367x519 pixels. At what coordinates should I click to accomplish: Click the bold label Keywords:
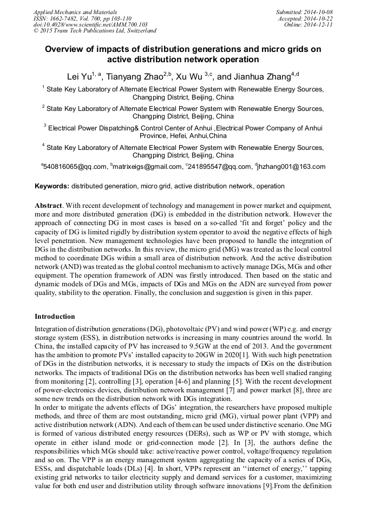(x=52, y=186)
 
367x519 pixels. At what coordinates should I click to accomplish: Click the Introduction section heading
(x=55, y=316)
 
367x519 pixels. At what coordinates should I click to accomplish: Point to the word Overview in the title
(x=65, y=49)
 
